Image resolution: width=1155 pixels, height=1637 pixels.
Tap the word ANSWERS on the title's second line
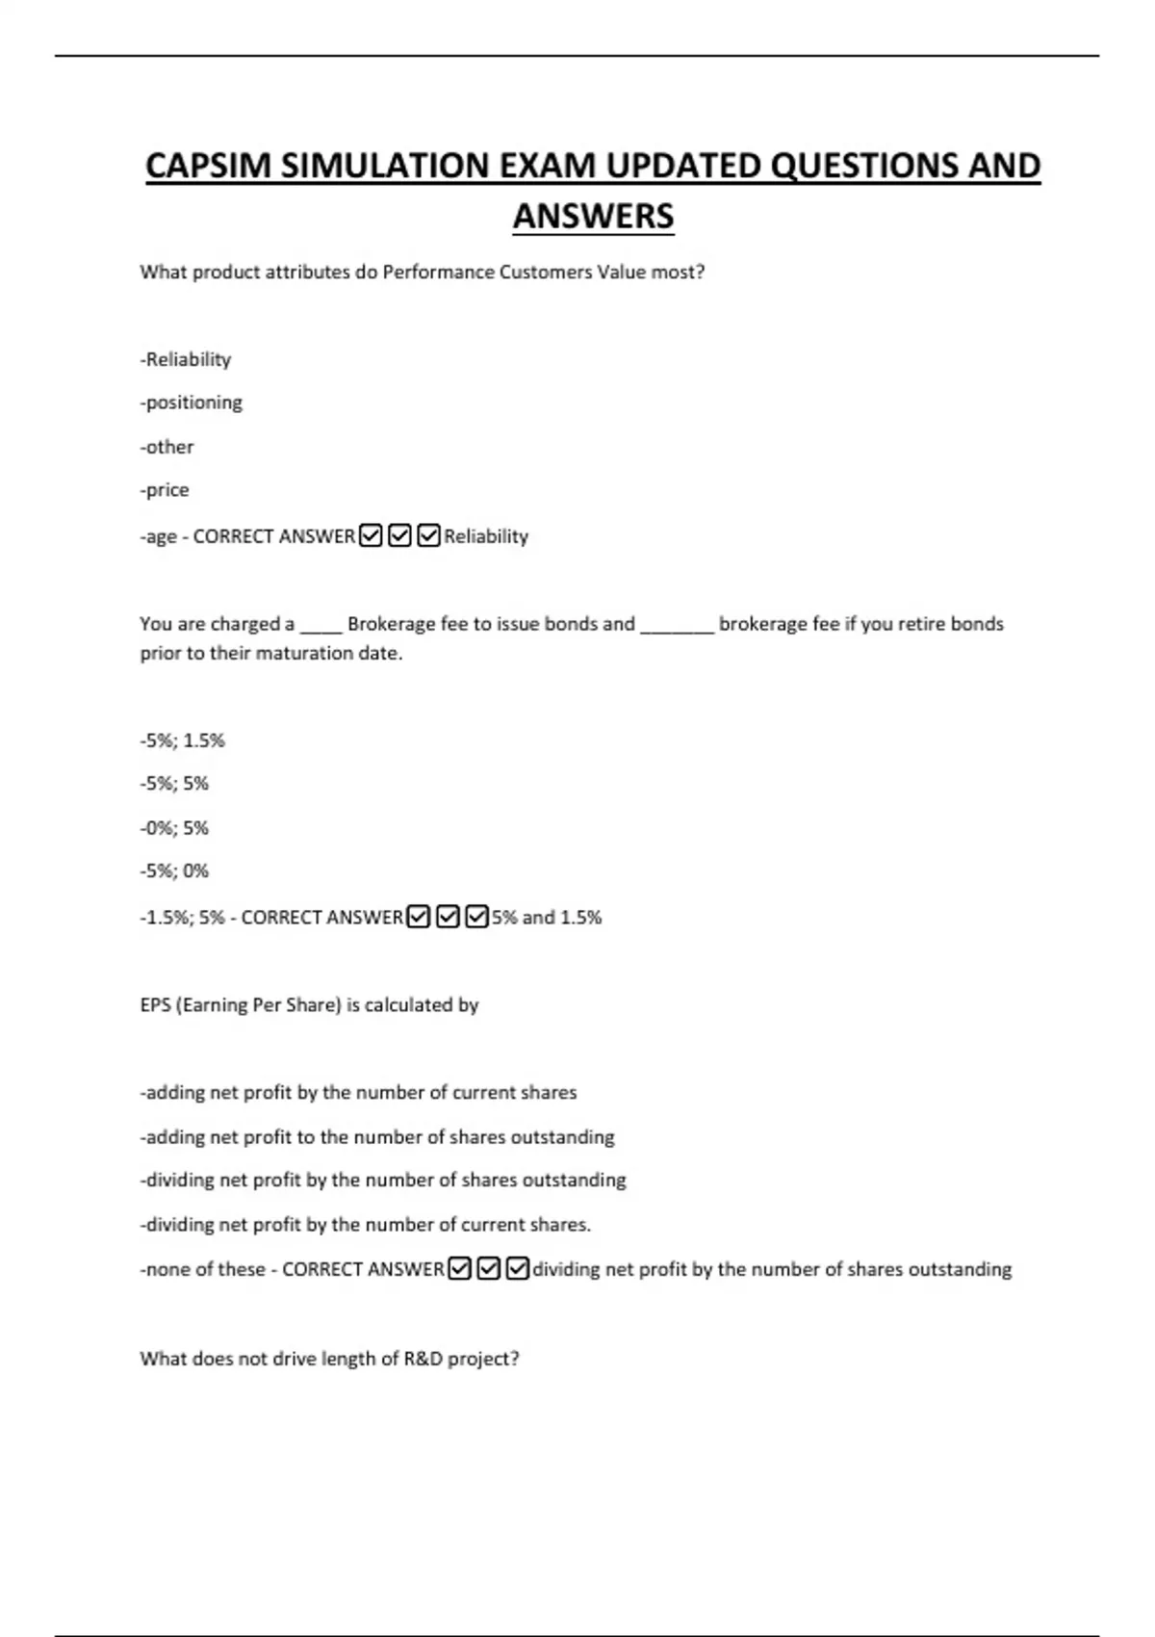pos(593,216)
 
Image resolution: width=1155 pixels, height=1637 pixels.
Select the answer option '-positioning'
pos(191,403)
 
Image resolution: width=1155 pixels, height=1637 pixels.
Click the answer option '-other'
pos(167,447)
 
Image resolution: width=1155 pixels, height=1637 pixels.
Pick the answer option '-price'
pos(165,490)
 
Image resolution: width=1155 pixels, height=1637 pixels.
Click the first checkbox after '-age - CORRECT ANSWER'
pos(371,535)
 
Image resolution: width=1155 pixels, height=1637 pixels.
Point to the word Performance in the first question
pos(438,273)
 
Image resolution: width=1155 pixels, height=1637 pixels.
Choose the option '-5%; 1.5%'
pos(182,741)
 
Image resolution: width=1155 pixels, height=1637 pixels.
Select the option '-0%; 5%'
pos(174,828)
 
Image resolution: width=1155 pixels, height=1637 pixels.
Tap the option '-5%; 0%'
pos(174,871)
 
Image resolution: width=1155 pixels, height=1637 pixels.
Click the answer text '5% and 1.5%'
pos(547,918)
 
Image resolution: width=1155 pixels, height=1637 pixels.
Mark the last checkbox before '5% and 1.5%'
pos(476,917)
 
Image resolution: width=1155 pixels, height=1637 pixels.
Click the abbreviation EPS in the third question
pos(155,1005)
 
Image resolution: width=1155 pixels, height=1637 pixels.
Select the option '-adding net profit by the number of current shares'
pos(358,1093)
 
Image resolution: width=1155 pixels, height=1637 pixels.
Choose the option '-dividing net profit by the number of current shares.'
pos(365,1225)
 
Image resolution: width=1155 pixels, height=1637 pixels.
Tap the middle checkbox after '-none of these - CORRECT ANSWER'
pos(489,1269)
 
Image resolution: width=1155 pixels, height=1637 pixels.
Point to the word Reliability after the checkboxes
pos(486,536)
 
